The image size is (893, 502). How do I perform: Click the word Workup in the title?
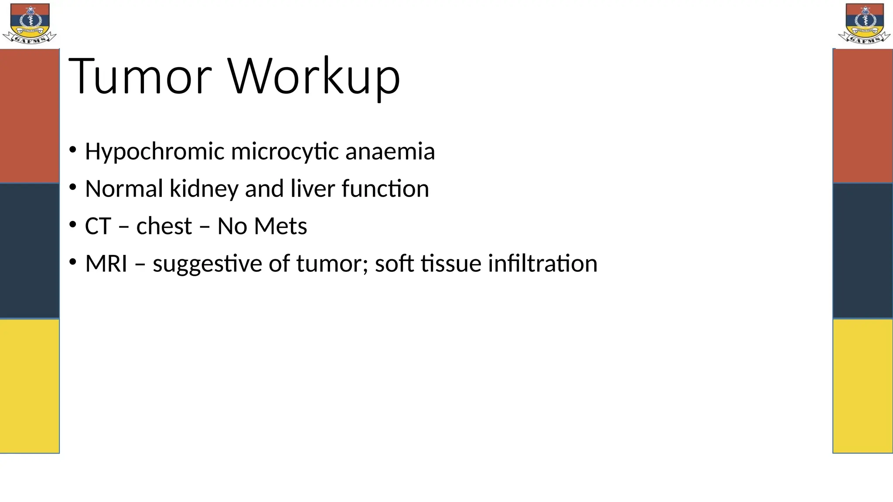(x=314, y=77)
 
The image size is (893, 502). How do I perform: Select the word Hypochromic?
(x=154, y=152)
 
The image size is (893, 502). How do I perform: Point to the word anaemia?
(x=390, y=152)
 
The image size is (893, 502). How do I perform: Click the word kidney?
(x=204, y=189)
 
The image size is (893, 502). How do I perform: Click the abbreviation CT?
(x=98, y=227)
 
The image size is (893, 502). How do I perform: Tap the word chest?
(x=164, y=227)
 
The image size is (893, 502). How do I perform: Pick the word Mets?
(x=280, y=227)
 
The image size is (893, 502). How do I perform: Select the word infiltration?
(x=542, y=264)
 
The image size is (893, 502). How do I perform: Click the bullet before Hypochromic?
(x=73, y=150)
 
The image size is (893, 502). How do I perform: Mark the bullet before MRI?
(x=73, y=262)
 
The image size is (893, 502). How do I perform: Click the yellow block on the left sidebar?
(x=29, y=386)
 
